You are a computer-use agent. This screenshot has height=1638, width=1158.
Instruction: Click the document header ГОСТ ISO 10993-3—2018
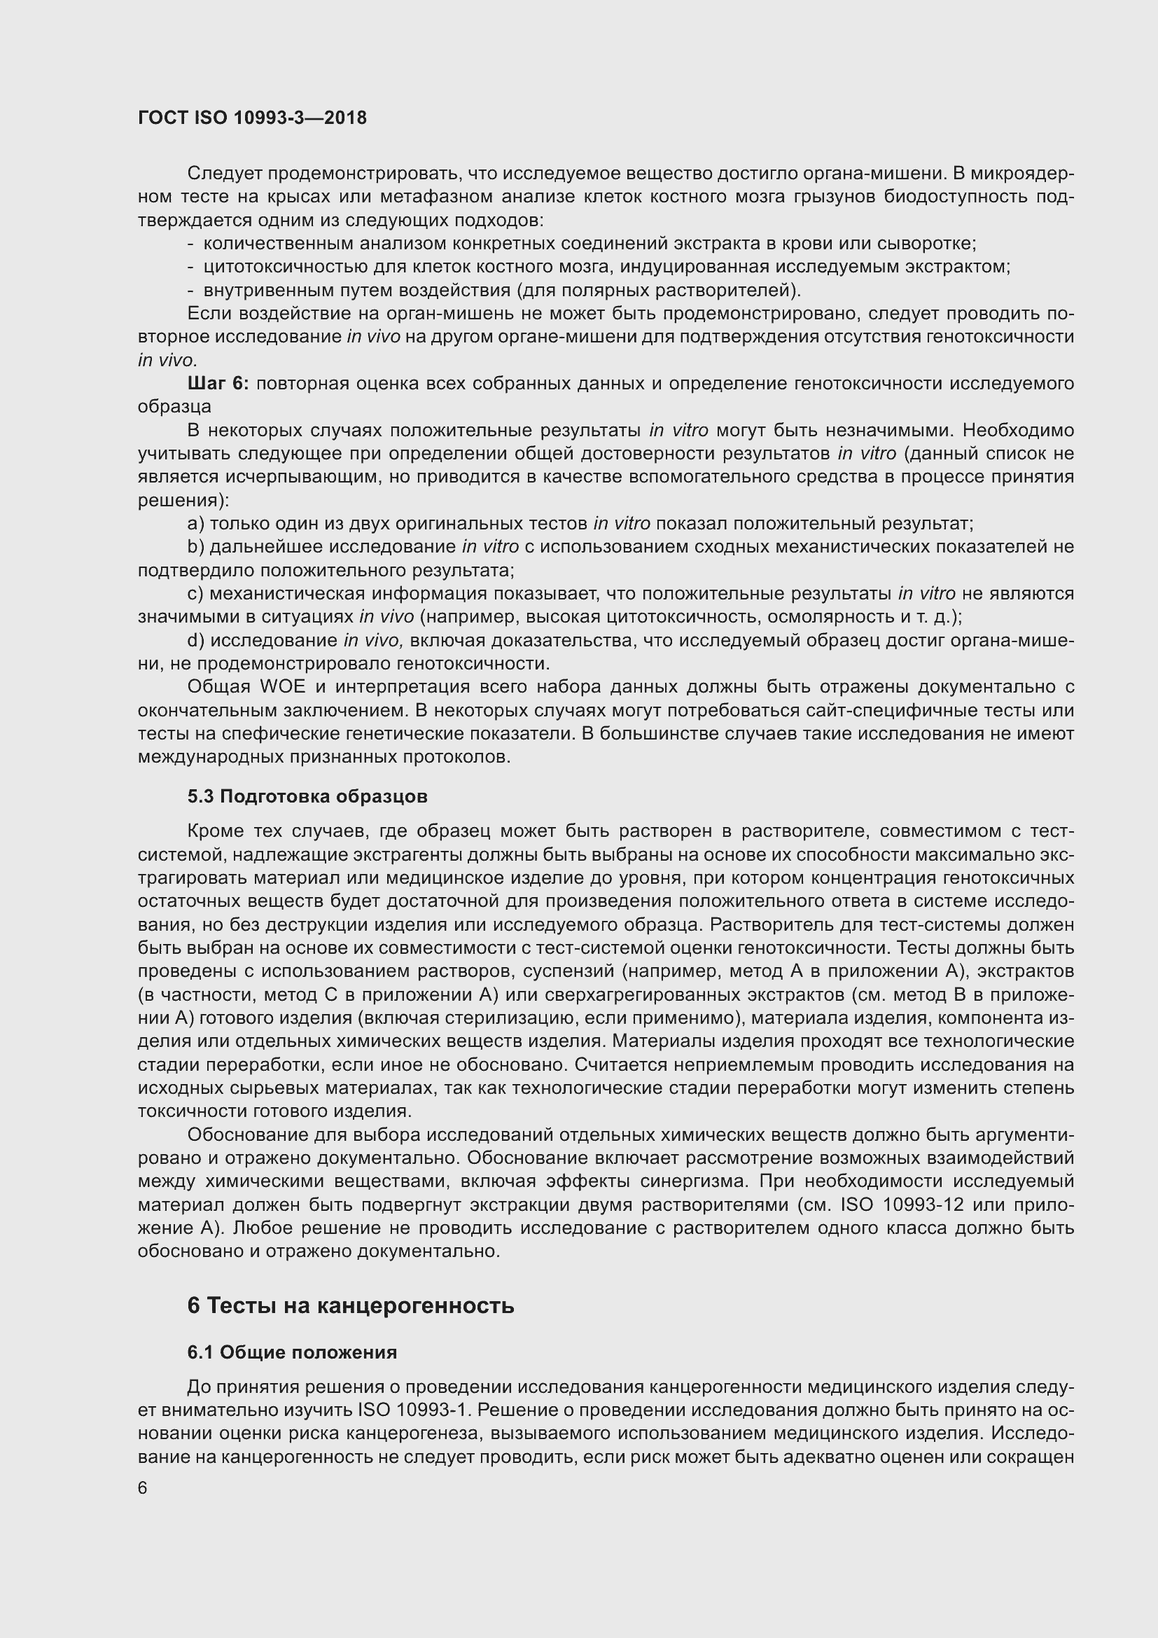(x=253, y=118)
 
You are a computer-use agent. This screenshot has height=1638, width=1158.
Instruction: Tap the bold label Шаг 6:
(x=218, y=384)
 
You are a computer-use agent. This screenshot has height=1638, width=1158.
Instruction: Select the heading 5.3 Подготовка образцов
(x=307, y=797)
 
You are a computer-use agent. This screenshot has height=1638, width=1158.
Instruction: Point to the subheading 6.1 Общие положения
(x=292, y=1353)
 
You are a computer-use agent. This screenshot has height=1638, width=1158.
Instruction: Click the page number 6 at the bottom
(x=143, y=1488)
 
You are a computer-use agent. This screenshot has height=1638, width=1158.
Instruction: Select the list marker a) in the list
(x=195, y=524)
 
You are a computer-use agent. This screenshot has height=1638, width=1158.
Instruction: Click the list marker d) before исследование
(x=195, y=641)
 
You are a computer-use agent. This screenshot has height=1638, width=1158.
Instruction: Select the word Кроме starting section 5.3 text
(x=216, y=831)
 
